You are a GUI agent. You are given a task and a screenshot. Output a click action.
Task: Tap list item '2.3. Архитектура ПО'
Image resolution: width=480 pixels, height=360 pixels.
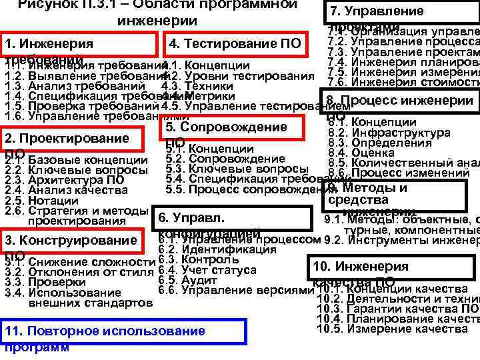click(64, 180)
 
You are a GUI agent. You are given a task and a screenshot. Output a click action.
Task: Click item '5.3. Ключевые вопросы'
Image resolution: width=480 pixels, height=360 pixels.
click(227, 169)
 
